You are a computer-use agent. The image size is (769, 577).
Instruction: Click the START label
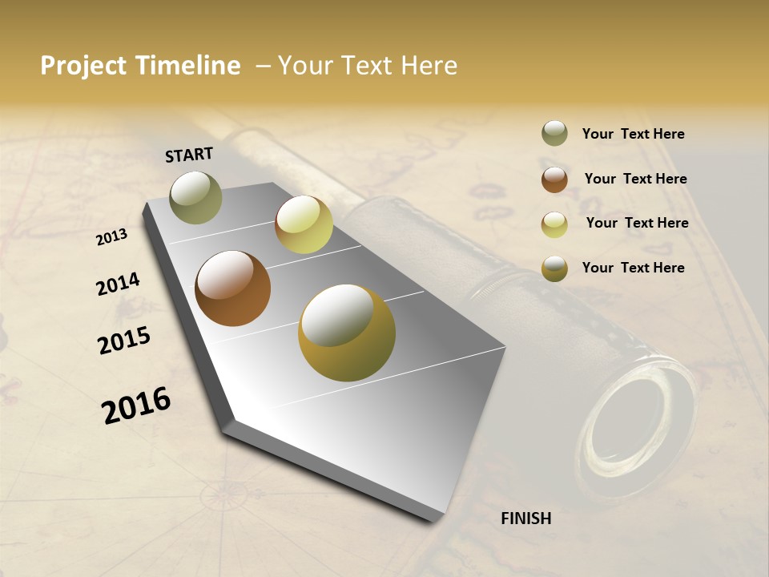[189, 155]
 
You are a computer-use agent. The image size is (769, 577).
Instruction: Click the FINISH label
[526, 518]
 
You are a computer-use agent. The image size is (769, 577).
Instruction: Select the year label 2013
[112, 236]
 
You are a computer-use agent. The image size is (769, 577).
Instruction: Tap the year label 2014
[118, 284]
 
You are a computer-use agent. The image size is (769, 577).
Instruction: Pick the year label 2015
[124, 341]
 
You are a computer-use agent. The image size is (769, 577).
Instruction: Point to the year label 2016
[136, 405]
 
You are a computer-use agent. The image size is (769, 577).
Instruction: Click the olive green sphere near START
[195, 197]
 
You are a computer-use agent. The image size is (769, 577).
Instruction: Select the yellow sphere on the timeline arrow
[304, 224]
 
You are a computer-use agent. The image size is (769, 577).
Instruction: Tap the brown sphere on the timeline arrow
[232, 288]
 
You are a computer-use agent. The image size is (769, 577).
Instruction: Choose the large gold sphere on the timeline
[347, 333]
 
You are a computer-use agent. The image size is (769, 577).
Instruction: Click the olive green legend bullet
[554, 134]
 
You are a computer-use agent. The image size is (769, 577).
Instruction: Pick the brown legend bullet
[554, 180]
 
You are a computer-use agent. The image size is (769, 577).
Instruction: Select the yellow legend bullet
[554, 224]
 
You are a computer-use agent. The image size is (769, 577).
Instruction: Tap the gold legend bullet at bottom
[554, 269]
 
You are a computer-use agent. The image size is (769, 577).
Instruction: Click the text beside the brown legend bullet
[635, 179]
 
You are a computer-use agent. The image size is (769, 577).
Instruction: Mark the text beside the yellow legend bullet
[637, 223]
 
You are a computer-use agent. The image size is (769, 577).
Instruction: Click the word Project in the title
[84, 66]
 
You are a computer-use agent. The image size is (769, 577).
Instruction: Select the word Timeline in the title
[188, 66]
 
